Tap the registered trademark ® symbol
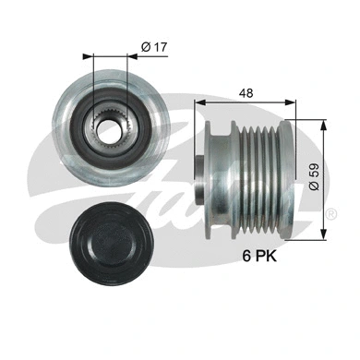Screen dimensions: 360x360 pos(330,213)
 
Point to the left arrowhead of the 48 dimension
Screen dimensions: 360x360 pos(198,104)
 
